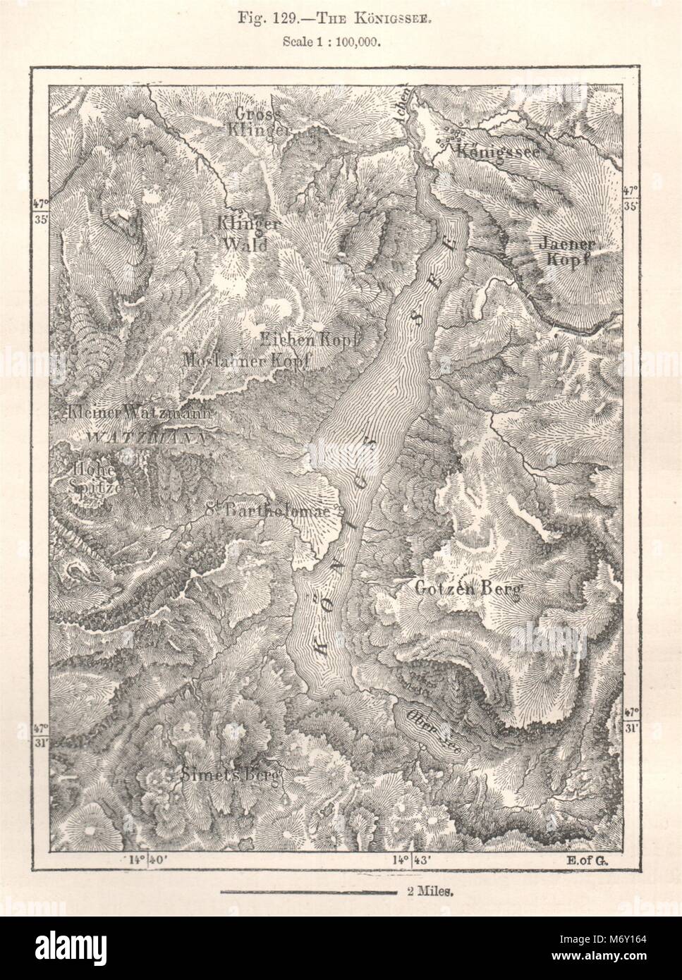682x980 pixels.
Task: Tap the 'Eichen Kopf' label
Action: pyautogui.click(x=310, y=338)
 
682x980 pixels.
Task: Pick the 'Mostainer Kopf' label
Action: pyautogui.click(x=247, y=360)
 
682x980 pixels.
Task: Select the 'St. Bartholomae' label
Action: pyautogui.click(x=268, y=511)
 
